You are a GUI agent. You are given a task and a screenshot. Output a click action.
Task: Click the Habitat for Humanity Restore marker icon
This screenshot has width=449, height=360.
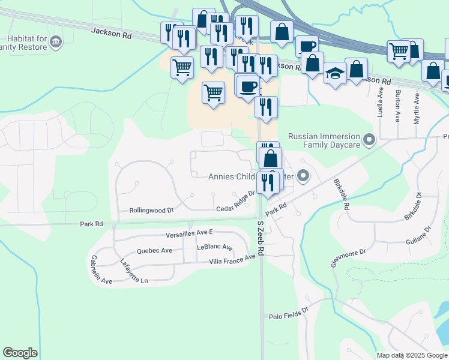(56, 41)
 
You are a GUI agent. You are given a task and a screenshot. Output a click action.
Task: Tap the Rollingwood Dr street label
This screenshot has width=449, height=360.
(151, 211)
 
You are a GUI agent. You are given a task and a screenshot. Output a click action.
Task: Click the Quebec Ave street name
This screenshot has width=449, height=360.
(154, 251)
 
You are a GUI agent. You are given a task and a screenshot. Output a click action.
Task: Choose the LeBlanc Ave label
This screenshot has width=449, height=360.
(214, 247)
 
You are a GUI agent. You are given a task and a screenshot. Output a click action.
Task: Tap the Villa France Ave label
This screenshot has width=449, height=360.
(236, 259)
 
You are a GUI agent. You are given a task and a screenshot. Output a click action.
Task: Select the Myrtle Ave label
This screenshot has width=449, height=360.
(417, 109)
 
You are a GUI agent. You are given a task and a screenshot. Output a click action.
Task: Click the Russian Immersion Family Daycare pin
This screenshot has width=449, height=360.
(370, 141)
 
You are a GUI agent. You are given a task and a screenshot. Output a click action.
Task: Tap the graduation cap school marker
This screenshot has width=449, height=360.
(335, 74)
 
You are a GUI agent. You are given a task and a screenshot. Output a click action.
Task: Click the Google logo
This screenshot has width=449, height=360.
(20, 353)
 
